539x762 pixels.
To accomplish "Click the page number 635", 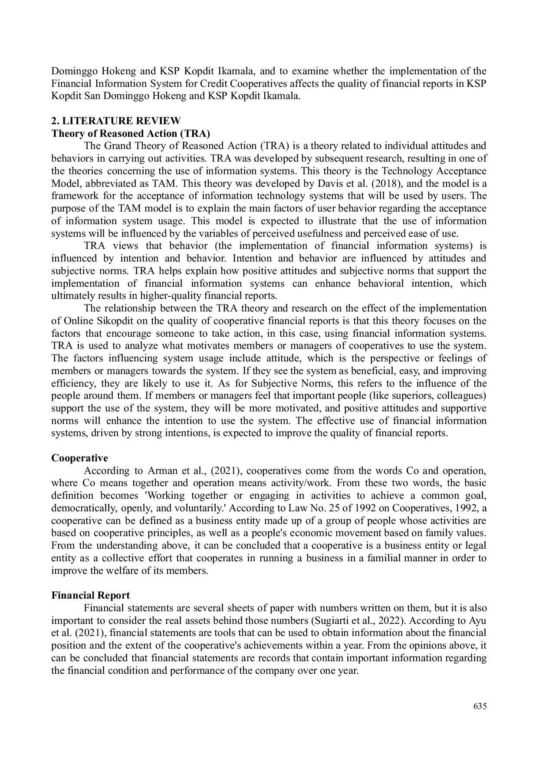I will point(480,706).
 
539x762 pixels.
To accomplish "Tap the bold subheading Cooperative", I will point(79,458).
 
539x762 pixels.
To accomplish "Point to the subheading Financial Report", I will point(90,596).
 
